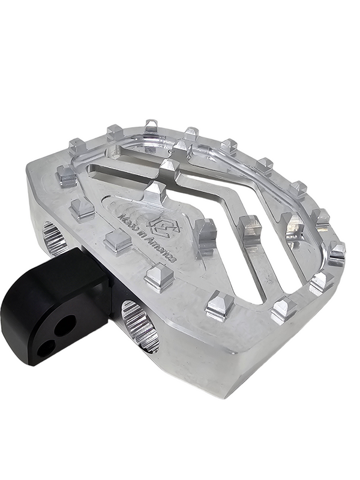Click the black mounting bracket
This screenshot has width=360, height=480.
coord(55,306)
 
